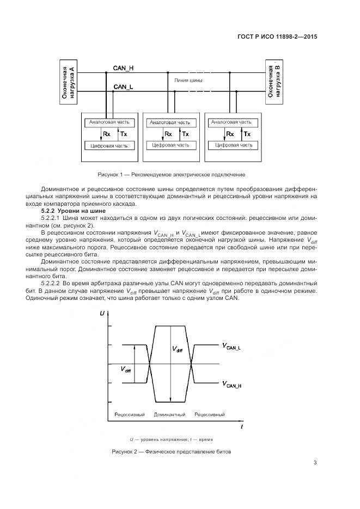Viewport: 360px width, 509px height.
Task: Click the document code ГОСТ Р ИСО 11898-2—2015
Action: [277, 37]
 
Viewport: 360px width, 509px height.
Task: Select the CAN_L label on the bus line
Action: [123, 87]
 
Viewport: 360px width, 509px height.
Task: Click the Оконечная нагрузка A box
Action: [68, 81]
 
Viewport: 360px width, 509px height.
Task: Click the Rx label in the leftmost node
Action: [106, 134]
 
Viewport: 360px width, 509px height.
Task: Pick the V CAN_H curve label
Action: [231, 385]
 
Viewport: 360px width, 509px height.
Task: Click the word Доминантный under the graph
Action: [170, 415]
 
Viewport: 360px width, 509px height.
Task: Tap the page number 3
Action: [315, 463]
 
